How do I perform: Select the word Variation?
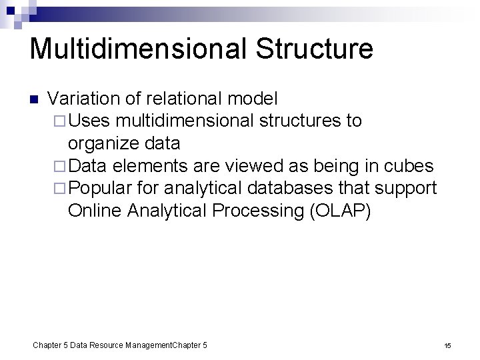(85, 99)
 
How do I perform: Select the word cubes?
(410, 166)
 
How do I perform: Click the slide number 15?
(447, 345)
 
